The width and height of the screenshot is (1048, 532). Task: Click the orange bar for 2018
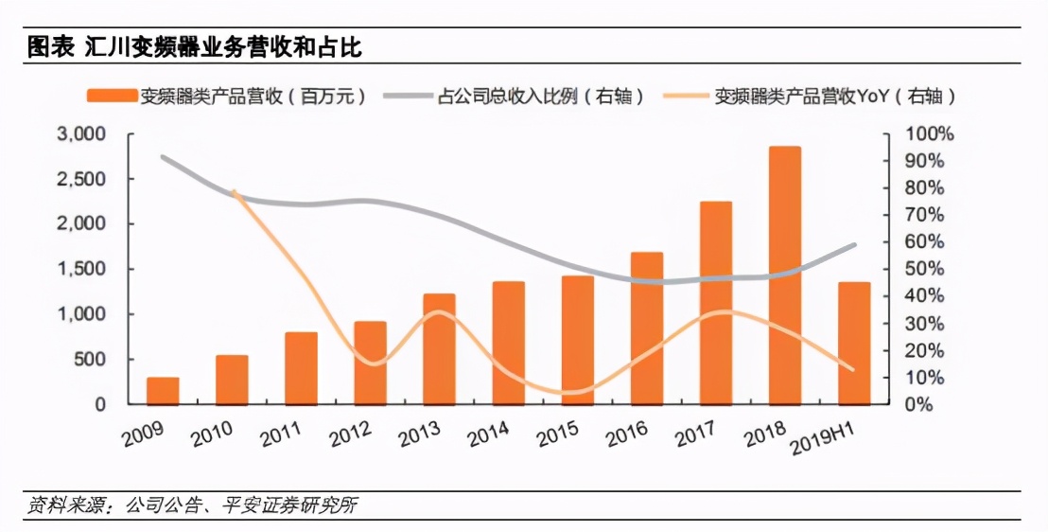[x=785, y=275]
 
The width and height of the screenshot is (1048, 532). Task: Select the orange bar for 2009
[x=163, y=390]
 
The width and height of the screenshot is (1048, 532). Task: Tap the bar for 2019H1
[x=854, y=343]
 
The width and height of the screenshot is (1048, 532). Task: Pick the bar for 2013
[x=439, y=348]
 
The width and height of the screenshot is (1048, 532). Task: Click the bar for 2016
[x=646, y=328]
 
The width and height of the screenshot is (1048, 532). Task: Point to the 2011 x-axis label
[x=281, y=435]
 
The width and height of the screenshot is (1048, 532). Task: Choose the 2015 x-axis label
[x=558, y=435]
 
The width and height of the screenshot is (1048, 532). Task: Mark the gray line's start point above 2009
[x=163, y=157]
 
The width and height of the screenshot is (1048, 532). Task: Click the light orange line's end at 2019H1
[x=854, y=370]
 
